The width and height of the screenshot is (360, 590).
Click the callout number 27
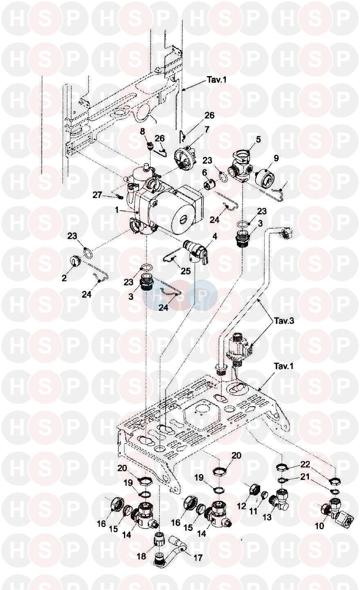pyautogui.click(x=97, y=195)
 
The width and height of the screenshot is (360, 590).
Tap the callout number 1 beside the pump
pyautogui.click(x=117, y=210)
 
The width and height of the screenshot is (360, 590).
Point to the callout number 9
pyautogui.click(x=276, y=157)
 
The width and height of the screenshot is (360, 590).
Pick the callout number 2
pyautogui.click(x=64, y=278)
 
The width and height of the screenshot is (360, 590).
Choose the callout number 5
pyautogui.click(x=258, y=139)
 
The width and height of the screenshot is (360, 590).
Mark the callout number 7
pyautogui.click(x=207, y=129)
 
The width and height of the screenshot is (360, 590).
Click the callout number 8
pyautogui.click(x=143, y=131)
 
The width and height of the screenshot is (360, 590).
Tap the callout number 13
pyautogui.click(x=267, y=517)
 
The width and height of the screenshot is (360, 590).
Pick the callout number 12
pyautogui.click(x=241, y=506)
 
